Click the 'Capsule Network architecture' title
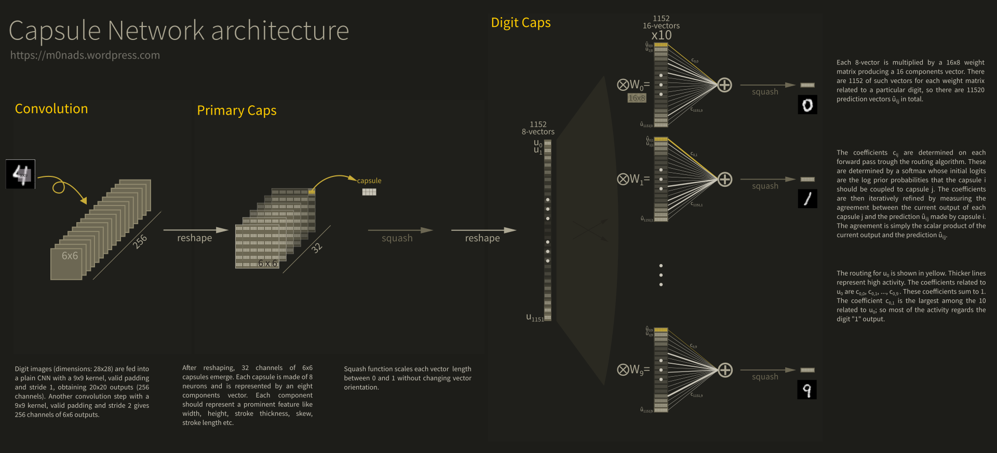(179, 31)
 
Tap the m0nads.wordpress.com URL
(85, 55)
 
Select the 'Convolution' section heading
(51, 108)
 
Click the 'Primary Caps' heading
(236, 111)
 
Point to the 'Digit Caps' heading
(521, 23)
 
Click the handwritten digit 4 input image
(21, 174)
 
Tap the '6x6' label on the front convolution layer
(70, 256)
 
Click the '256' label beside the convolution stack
(140, 241)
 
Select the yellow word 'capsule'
(369, 181)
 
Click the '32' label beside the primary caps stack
(317, 248)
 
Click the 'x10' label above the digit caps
(661, 35)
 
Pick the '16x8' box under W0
(637, 98)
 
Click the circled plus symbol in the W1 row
(725, 180)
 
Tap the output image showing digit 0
(807, 105)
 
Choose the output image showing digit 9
(807, 390)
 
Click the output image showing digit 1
(807, 199)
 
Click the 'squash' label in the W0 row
(765, 92)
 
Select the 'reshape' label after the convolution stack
(194, 238)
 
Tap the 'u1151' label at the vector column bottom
(535, 318)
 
